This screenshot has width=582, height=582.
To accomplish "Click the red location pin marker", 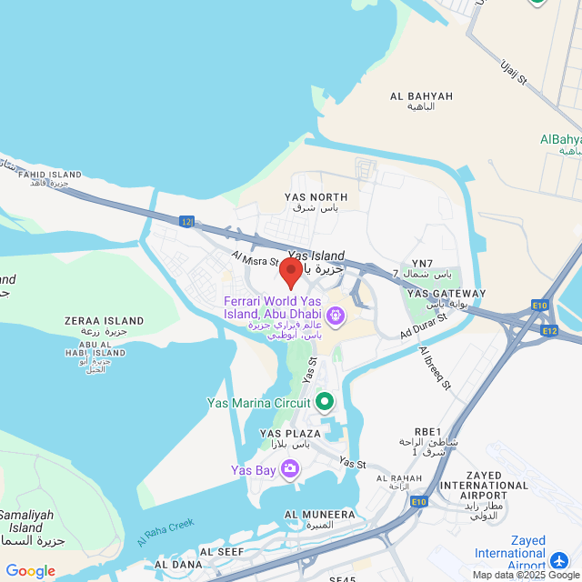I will (291, 272).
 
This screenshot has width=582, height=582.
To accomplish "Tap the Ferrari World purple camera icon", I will (336, 316).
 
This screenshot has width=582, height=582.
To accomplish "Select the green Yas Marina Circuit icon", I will (325, 401).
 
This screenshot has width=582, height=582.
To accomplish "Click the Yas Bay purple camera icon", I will (290, 469).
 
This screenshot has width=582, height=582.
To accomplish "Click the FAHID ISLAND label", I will (47, 175).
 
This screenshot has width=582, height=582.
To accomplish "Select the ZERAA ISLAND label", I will (105, 321).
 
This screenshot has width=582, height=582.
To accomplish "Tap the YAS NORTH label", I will (316, 197).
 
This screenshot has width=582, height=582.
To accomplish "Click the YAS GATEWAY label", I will (446, 294).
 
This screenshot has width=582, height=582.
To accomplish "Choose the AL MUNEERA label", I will (319, 514).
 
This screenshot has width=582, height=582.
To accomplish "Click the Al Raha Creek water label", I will (166, 533).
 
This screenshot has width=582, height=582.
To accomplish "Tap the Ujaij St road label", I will (514, 71).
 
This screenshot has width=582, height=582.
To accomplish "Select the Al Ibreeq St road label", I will (436, 367).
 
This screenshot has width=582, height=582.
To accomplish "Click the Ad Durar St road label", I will (425, 326).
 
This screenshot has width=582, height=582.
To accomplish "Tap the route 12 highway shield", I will (186, 221).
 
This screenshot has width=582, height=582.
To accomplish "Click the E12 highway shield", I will (549, 330).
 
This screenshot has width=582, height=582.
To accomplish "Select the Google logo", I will (30, 570).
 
